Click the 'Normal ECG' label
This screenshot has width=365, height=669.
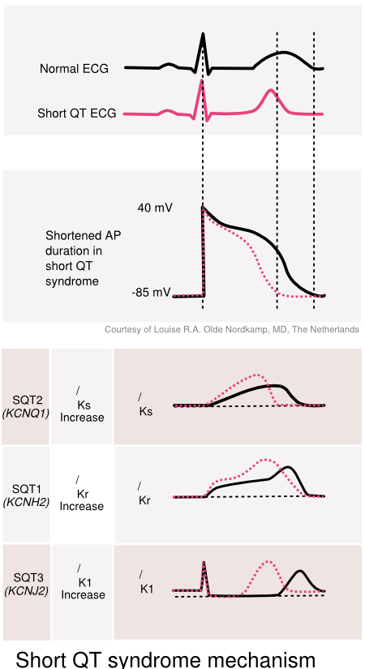point(74,69)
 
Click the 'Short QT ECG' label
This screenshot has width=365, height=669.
point(79,113)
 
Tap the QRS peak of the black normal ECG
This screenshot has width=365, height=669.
point(203,34)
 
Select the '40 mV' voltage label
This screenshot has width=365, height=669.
point(154,208)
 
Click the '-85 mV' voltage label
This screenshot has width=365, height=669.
point(151,292)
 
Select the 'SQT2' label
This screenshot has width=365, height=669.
point(26,400)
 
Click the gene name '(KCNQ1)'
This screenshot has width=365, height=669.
point(26,413)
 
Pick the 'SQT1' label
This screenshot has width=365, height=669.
point(26,489)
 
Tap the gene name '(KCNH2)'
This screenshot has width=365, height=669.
point(26,502)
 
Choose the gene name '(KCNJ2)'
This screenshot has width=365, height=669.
point(26,590)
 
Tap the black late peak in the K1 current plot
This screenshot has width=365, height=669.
point(301,572)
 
